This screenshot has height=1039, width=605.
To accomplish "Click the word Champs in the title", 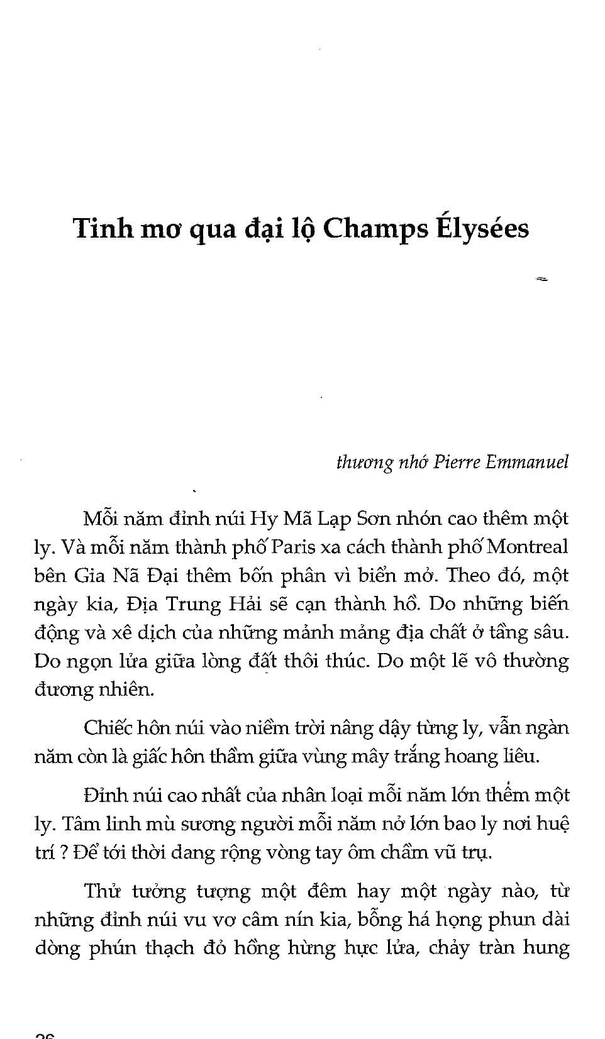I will click(374, 229).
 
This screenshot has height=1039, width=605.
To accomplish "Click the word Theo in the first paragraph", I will click(470, 575).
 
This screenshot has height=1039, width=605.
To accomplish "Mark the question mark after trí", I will click(64, 853).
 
